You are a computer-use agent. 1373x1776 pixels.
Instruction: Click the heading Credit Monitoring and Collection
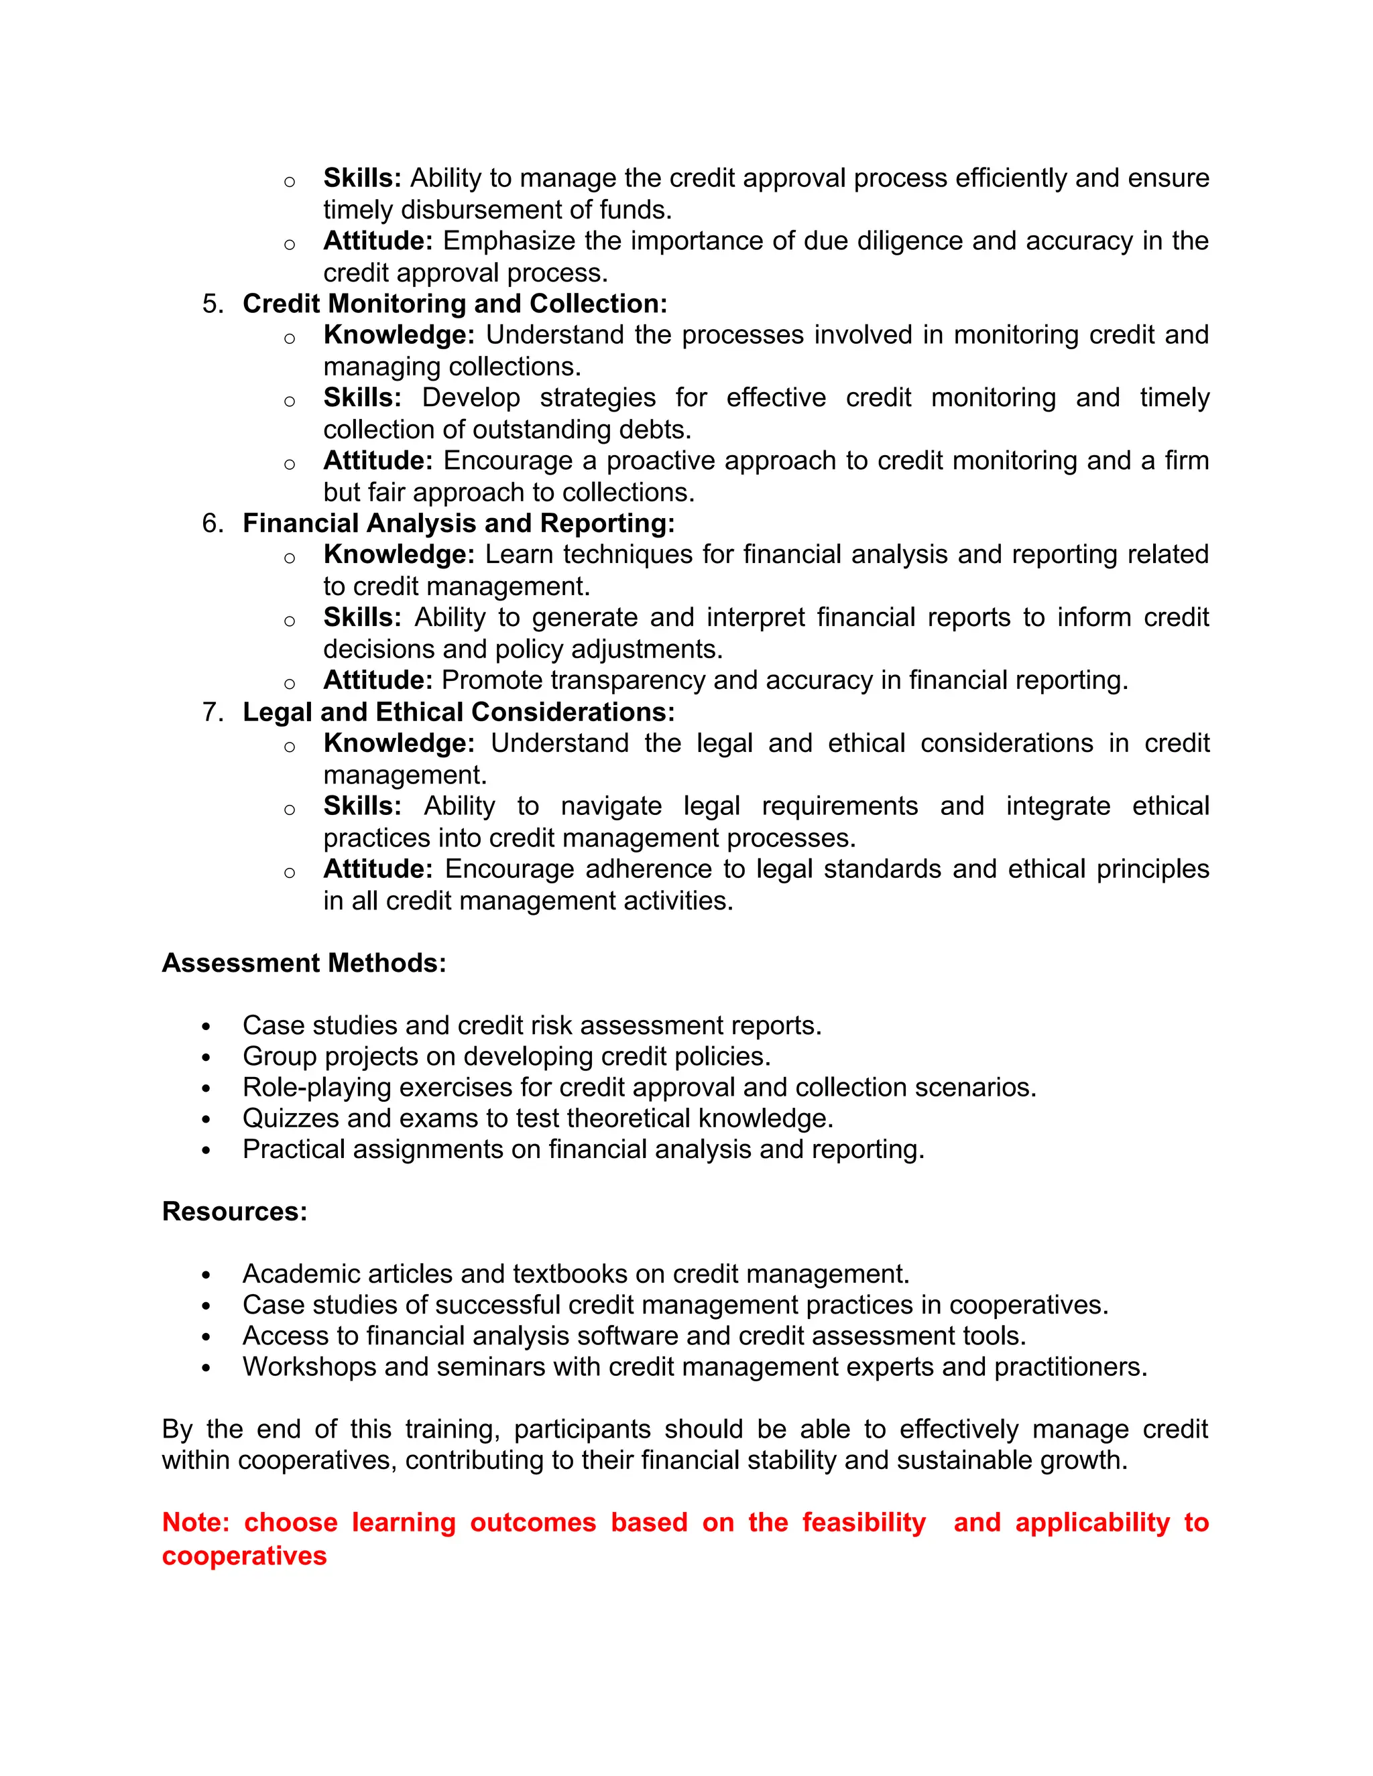454,304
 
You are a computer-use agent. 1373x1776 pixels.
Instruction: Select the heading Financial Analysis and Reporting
458,523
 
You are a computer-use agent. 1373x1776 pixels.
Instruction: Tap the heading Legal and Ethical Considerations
458,712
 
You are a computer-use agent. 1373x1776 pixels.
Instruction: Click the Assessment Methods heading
304,963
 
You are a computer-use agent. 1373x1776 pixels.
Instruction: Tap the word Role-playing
316,1087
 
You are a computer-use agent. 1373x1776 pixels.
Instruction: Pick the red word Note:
195,1522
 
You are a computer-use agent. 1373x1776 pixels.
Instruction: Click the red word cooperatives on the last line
244,1556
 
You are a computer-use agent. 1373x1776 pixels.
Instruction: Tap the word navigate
611,806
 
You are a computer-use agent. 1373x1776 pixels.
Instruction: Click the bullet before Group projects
206,1057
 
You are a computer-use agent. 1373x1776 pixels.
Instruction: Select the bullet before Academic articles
206,1274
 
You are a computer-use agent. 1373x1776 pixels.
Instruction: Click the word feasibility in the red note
863,1522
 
